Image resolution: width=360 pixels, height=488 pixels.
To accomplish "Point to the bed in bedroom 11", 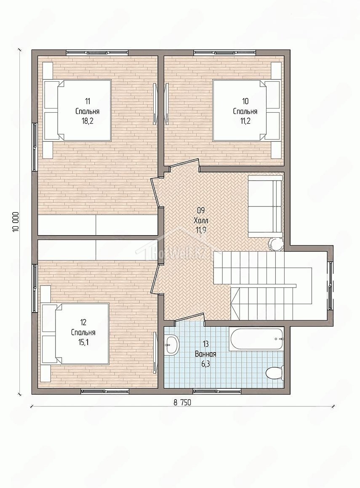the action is (77, 111).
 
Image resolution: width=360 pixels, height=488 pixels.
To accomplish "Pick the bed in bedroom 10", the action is (246, 111).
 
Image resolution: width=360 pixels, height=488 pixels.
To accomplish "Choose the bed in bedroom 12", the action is (75, 334).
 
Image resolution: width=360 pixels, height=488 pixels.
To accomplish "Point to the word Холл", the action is (201, 221).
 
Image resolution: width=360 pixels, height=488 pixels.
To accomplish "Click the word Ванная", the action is (205, 354).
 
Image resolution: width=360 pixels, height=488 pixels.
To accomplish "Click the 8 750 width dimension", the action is (182, 403).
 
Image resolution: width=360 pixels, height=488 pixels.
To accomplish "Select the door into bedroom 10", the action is (184, 163).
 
